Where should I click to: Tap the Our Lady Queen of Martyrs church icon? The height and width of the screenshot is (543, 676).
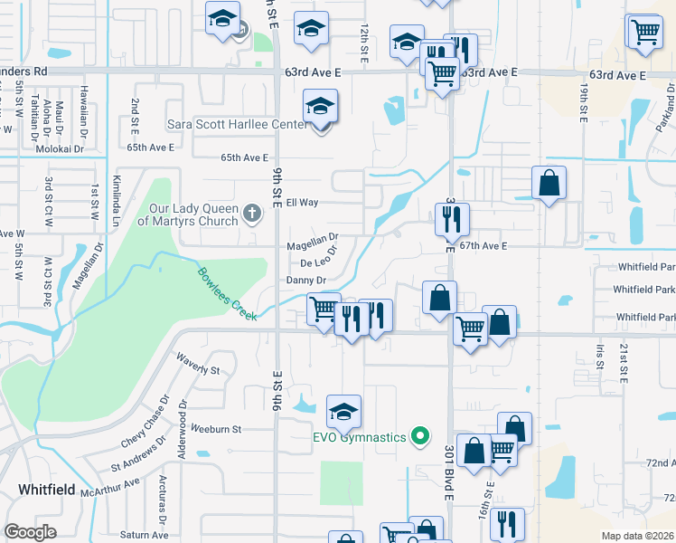[252, 214]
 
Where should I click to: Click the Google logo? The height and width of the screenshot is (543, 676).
[30, 532]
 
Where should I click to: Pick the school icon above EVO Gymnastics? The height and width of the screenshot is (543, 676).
[343, 412]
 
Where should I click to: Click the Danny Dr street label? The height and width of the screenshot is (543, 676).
[305, 281]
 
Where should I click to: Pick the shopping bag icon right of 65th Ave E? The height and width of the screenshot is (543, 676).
[549, 184]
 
